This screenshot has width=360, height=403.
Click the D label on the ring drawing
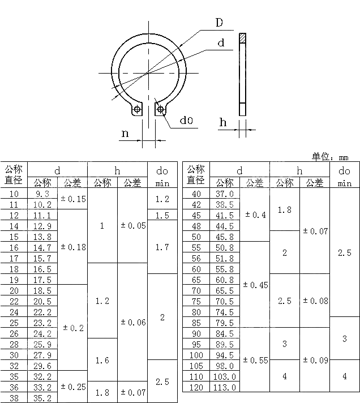pyautogui.click(x=219, y=23)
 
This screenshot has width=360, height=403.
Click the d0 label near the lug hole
pyautogui.click(x=186, y=121)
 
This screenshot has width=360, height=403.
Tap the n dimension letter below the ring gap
pyautogui.click(x=125, y=134)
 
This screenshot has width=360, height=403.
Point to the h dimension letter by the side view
pyautogui.click(x=223, y=122)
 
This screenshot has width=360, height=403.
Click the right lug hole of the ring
pyautogui.click(x=161, y=109)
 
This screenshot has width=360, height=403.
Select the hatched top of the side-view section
pyautogui.click(x=243, y=38)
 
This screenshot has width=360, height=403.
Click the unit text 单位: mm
pyautogui.click(x=330, y=157)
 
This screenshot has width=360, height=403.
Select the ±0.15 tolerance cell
pyautogui.click(x=73, y=199)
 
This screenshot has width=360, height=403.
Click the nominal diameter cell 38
pyautogui.click(x=14, y=398)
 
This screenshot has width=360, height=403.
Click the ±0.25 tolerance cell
pyautogui.click(x=73, y=387)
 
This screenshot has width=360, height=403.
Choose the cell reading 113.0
pyautogui.click(x=225, y=387)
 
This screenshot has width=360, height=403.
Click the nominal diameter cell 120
pyautogui.click(x=196, y=387)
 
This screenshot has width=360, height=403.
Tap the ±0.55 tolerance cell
pyautogui.click(x=255, y=360)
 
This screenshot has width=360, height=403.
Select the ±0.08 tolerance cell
pyautogui.click(x=315, y=301)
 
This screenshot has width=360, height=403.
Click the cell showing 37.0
pyautogui.click(x=225, y=194)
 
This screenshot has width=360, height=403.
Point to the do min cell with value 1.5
pyautogui.click(x=162, y=215)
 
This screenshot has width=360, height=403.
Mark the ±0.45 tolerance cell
pyautogui.click(x=255, y=285)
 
